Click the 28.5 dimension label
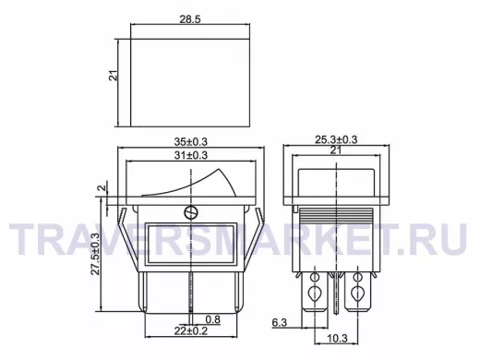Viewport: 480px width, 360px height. point(190,19)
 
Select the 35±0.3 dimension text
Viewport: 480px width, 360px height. point(191,142)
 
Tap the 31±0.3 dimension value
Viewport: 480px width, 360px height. point(191,155)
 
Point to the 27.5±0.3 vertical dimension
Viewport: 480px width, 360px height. point(96,254)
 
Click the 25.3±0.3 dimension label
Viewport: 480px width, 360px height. point(336,139)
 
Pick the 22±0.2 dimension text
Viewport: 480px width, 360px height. point(191,331)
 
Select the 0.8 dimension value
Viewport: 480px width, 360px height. point(213,319)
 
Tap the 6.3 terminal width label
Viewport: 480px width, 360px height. point(280,322)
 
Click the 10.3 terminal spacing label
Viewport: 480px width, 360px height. point(337,339)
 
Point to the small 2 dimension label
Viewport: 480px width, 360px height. point(102,187)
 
